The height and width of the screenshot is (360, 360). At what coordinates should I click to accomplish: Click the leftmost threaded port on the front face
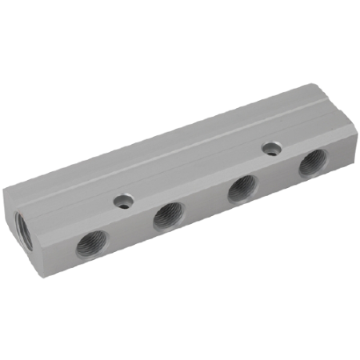pyautogui.click(x=90, y=246)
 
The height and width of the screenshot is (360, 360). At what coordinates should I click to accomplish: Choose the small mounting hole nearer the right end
pyautogui.click(x=272, y=148)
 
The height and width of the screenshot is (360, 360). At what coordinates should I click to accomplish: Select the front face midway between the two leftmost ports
pyautogui.click(x=129, y=232)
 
